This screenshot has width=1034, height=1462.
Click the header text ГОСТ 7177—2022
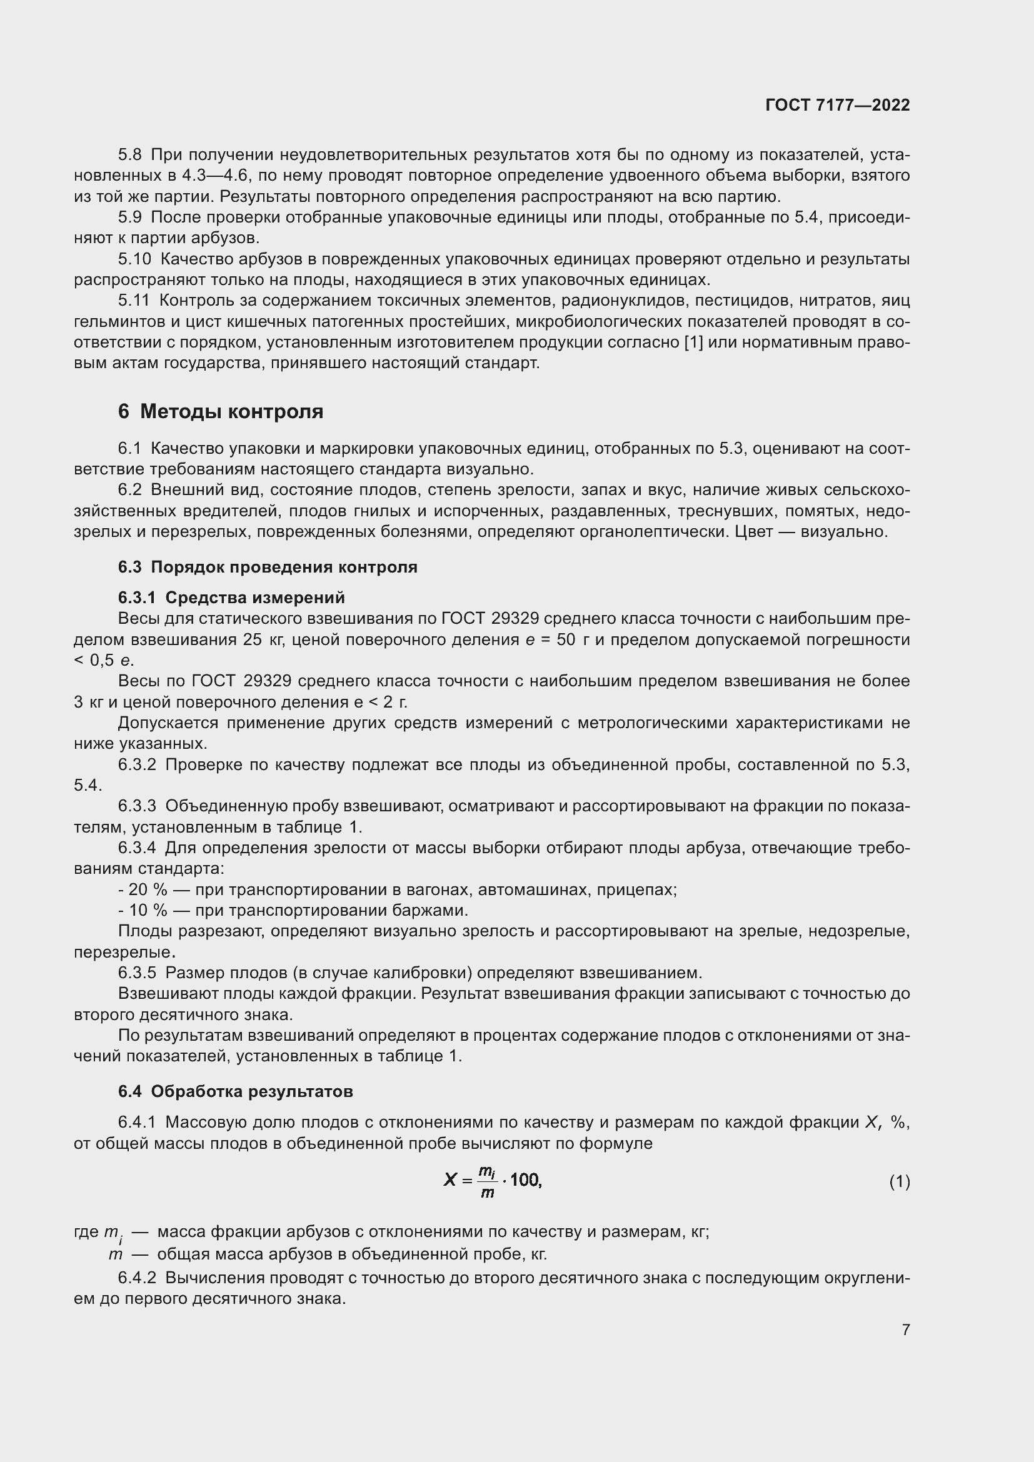pyautogui.click(x=837, y=105)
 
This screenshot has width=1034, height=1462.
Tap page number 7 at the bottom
pyautogui.click(x=905, y=1329)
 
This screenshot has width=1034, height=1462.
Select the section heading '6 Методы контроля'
pyautogui.click(x=220, y=412)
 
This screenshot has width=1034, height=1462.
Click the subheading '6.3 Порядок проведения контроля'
pyautogui.click(x=268, y=567)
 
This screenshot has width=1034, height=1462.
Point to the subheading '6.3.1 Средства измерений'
pyautogui.click(x=231, y=598)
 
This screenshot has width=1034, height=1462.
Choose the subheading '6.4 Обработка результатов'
pyautogui.click(x=235, y=1091)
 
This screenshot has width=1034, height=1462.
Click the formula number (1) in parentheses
pyautogui.click(x=899, y=1182)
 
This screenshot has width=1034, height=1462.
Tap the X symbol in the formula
pyautogui.click(x=450, y=1180)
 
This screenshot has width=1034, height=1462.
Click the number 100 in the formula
pyautogui.click(x=525, y=1180)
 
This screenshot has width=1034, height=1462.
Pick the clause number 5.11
pyautogui.click(x=134, y=301)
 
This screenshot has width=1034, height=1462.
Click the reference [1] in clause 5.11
pyautogui.click(x=693, y=343)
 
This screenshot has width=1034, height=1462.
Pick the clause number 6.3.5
pyautogui.click(x=137, y=973)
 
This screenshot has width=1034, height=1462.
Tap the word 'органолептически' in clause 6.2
pyautogui.click(x=651, y=532)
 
